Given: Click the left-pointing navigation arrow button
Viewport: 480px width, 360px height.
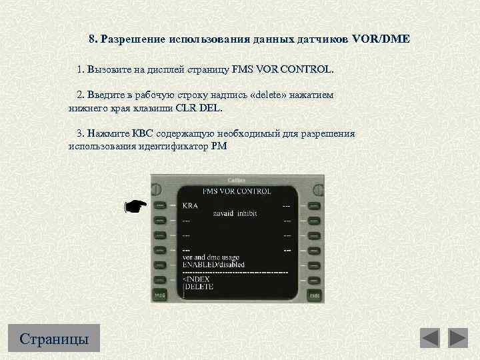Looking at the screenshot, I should [430, 338].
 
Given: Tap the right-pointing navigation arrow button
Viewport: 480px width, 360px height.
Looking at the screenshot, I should [458, 338].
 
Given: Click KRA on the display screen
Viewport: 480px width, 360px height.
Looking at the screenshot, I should [190, 206].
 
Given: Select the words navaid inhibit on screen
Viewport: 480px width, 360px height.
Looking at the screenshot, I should [235, 213].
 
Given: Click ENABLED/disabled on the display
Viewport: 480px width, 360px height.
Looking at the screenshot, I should [213, 265].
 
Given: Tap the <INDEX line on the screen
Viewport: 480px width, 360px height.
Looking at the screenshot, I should [195, 279].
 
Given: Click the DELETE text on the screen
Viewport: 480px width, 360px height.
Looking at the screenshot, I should [198, 287].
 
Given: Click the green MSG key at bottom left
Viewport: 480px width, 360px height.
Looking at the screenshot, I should [160, 294].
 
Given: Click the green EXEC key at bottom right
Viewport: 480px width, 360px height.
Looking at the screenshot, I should [314, 294].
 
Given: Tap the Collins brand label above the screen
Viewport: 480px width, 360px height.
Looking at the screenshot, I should [237, 180].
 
